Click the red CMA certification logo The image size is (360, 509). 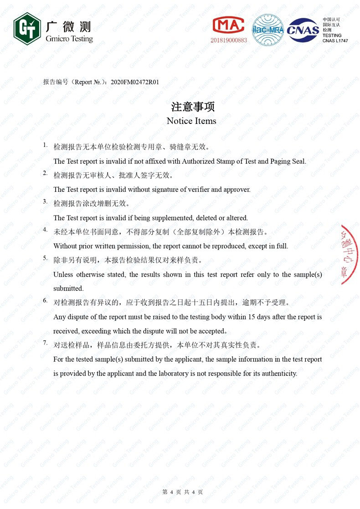pos(228,26)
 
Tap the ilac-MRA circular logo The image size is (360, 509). pos(268,30)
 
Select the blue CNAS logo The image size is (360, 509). pos(303,30)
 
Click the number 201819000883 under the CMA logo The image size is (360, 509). pos(228,40)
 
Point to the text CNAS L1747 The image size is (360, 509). pos(335,41)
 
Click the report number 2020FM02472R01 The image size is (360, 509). pos(135,82)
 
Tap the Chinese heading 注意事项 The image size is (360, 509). pos(192,107)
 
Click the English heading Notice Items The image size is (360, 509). pos(191,121)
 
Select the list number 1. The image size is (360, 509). pos(45,145)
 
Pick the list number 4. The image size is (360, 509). pos(45,230)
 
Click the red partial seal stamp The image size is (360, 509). pos(350,254)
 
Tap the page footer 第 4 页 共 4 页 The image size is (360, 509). pos(182,492)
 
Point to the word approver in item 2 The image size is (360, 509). pos(237,190)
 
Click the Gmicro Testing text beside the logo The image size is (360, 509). pos(69,39)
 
